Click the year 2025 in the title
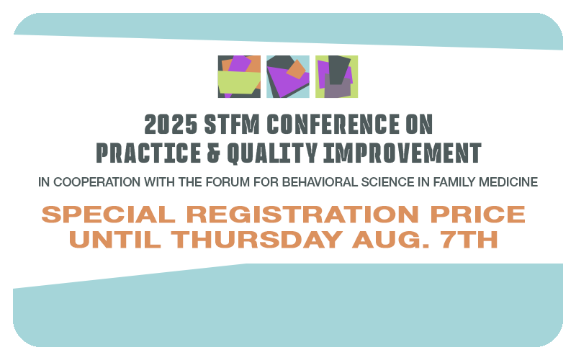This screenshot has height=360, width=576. click(x=171, y=124)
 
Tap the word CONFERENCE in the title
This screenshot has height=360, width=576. click(x=333, y=124)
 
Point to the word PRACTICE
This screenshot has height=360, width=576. click(x=148, y=153)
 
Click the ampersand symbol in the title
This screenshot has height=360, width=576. click(x=214, y=153)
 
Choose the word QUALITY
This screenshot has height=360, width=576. click(x=272, y=153)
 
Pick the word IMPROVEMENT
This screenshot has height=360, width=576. click(x=402, y=153)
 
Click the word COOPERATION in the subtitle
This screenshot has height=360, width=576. click(x=97, y=182)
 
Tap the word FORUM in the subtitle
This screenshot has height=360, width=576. click(x=228, y=182)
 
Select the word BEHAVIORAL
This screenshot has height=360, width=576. click(x=320, y=182)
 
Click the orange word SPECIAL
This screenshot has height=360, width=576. click(x=109, y=214)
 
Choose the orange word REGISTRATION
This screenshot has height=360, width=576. click(x=302, y=214)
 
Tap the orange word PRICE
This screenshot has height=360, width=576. click(x=478, y=214)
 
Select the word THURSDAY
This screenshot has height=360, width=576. click(x=257, y=240)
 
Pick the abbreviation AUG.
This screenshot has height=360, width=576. click(x=391, y=240)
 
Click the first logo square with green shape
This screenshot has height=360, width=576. click(x=239, y=76)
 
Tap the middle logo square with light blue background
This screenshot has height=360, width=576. click(x=287, y=76)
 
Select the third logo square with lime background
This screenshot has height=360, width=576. click(x=336, y=76)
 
